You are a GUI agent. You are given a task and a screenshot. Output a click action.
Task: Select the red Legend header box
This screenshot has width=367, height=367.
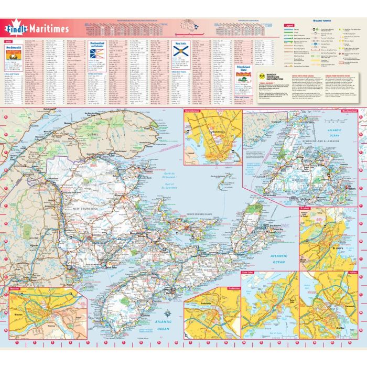point(288,25)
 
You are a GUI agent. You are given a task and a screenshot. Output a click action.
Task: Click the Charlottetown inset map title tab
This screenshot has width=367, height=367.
point(195,111)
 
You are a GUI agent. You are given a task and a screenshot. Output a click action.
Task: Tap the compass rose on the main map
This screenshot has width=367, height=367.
point(166,314)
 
